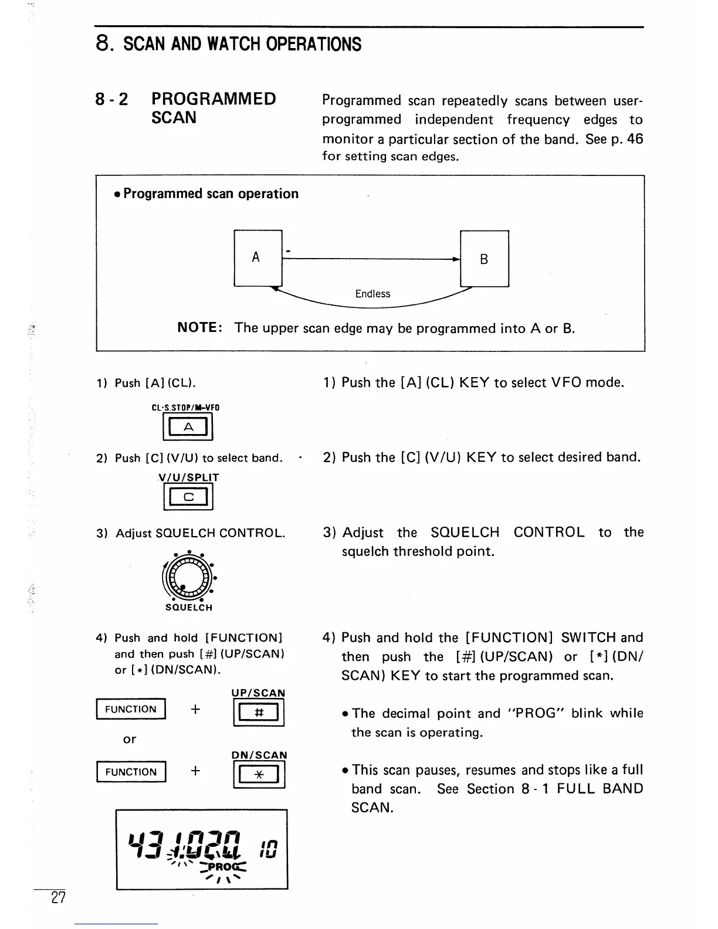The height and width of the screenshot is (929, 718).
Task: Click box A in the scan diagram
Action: (258, 258)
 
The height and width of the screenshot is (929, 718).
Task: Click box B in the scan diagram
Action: (485, 259)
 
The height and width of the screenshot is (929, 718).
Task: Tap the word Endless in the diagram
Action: (372, 294)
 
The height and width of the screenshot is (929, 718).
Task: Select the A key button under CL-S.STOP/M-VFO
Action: (188, 427)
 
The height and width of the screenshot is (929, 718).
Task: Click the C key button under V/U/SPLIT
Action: (188, 498)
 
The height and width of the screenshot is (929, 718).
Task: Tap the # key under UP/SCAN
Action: (259, 713)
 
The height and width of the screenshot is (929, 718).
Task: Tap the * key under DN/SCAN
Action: (259, 775)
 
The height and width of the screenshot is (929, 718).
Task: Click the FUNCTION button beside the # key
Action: (131, 710)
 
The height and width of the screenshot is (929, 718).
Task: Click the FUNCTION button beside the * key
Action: (131, 772)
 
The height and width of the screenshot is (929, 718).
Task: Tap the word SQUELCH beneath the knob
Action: (188, 608)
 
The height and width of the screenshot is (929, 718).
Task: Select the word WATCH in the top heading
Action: (225, 44)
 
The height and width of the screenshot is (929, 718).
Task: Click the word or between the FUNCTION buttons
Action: (130, 740)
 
